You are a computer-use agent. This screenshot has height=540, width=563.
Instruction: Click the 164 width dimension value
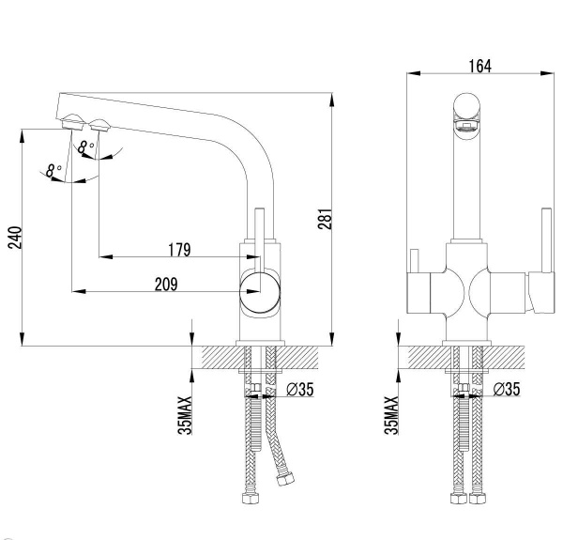(479, 65)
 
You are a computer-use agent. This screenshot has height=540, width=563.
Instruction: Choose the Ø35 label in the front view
(507, 389)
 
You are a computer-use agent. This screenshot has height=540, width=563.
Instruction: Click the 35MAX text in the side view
(185, 412)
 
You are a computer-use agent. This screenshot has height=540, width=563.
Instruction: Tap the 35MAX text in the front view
(389, 412)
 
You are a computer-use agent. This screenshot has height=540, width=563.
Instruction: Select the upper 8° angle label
(86, 147)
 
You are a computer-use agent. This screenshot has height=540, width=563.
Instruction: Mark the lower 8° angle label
(53, 171)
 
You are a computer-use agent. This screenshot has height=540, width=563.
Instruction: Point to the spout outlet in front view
(466, 116)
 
